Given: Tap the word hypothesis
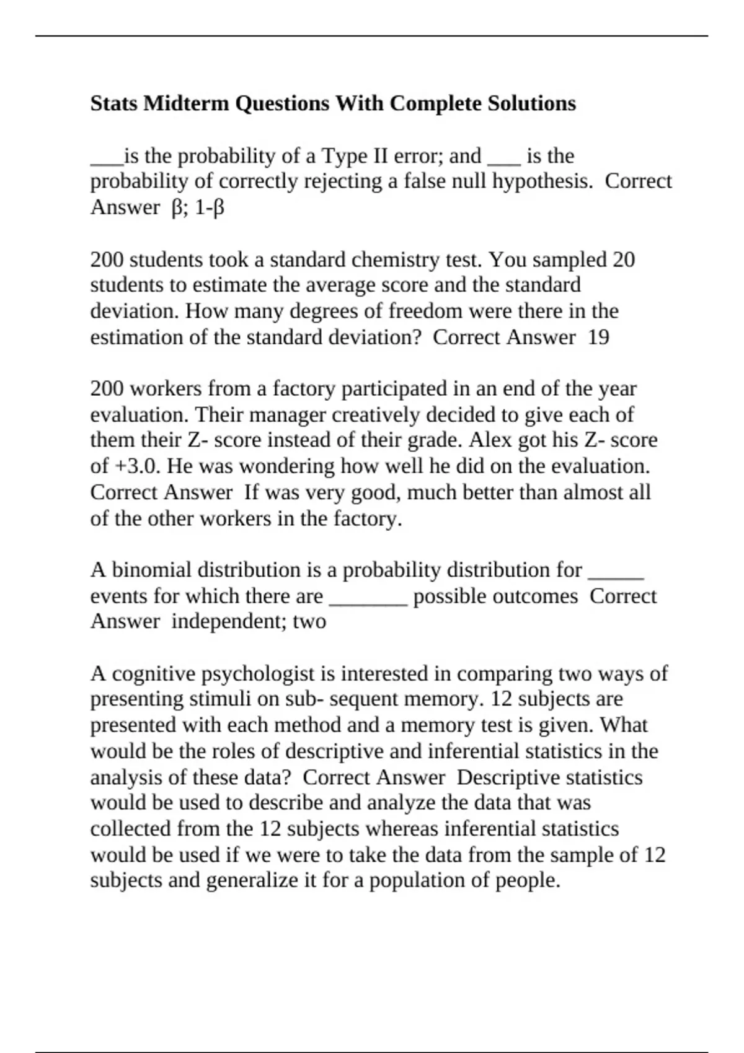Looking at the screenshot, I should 544,181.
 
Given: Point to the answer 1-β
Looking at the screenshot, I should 210,208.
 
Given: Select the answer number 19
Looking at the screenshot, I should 598,338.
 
